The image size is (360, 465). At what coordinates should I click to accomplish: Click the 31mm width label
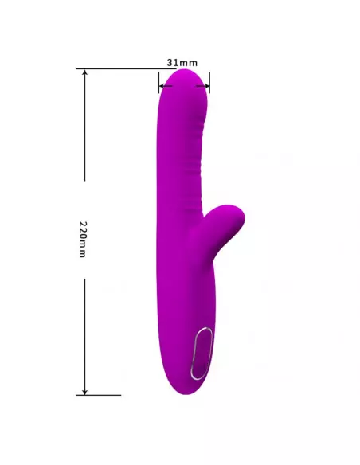(x=182, y=63)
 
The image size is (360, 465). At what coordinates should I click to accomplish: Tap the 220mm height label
(x=83, y=239)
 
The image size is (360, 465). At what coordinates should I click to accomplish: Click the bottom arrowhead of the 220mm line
(x=84, y=392)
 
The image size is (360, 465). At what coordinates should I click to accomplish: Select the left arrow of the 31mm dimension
(x=165, y=86)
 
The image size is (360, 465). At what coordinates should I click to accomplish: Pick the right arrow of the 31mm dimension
(x=202, y=86)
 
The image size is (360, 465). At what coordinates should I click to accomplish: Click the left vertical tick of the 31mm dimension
(x=158, y=82)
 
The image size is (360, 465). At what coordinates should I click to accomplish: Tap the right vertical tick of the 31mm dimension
(x=209, y=82)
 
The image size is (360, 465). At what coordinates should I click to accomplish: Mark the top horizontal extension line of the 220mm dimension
(x=126, y=68)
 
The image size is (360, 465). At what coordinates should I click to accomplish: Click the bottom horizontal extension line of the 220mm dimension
(x=99, y=395)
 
